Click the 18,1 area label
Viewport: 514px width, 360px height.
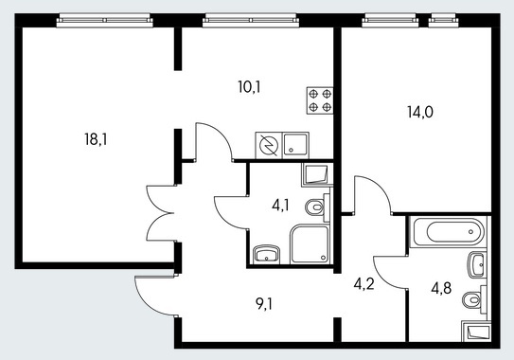tap(96, 139)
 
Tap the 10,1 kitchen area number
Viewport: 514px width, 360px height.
tap(249, 87)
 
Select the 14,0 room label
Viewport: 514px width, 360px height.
tap(420, 112)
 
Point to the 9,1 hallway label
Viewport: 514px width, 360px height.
tap(264, 305)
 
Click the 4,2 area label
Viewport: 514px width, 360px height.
tap(363, 284)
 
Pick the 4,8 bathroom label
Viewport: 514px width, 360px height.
tap(441, 288)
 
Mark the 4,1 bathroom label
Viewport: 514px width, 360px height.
tap(280, 206)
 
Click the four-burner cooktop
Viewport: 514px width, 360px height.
tap(320, 100)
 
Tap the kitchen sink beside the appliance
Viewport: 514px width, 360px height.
tap(295, 145)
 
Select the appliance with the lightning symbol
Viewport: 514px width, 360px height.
tap(269, 145)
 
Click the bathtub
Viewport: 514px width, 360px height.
tap(448, 231)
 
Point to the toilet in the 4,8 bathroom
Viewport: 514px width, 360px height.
tap(474, 299)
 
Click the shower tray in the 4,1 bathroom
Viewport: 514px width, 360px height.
tap(310, 243)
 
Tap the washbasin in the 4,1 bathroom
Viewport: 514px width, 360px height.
tap(267, 254)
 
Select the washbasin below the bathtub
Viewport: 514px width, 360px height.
tap(477, 265)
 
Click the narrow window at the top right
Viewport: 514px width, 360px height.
tap(443, 20)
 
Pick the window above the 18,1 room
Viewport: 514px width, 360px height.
tap(104, 20)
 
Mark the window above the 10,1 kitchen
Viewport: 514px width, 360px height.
tap(251, 20)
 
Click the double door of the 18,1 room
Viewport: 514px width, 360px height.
tap(160, 213)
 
